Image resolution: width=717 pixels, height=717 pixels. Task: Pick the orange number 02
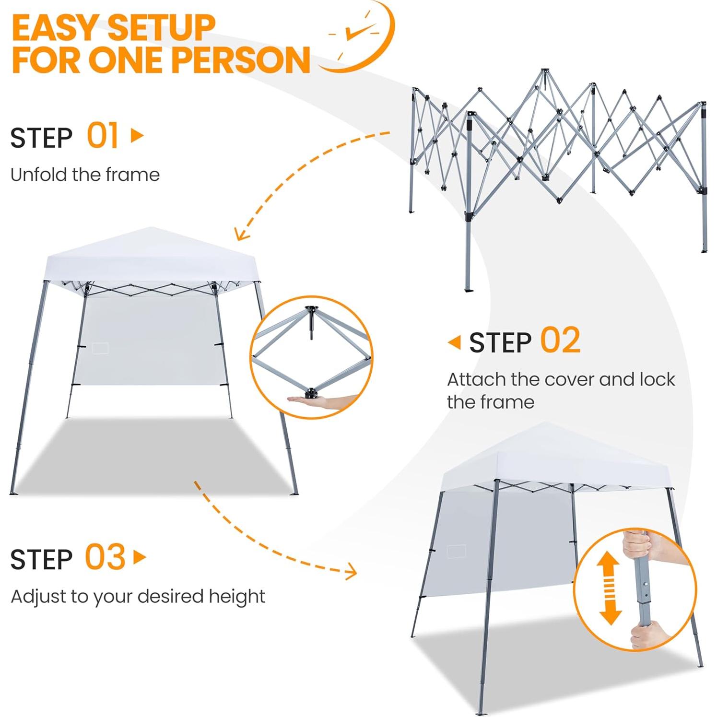(x=560, y=341)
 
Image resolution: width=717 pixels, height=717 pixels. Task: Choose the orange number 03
(x=105, y=557)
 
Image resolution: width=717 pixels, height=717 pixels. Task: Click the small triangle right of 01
(x=137, y=135)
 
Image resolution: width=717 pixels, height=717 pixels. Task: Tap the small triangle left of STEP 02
(x=454, y=342)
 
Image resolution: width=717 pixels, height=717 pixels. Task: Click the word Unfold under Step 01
(x=39, y=175)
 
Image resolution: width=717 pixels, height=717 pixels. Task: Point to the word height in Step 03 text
(x=237, y=597)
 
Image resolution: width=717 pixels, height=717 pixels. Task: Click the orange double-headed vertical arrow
(x=609, y=588)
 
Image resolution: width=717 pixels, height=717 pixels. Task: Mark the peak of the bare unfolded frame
(x=544, y=71)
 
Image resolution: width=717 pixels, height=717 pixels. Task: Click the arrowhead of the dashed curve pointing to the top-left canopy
(x=240, y=235)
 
